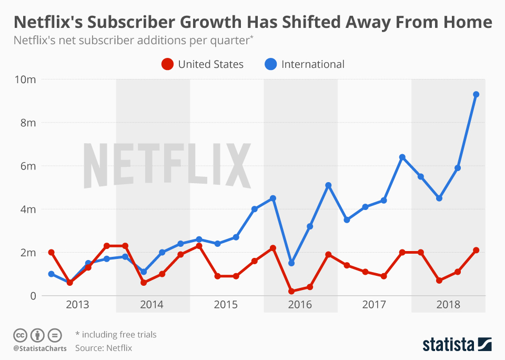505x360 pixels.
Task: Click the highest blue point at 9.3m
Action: point(476,95)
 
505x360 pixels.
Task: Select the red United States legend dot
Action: point(167,64)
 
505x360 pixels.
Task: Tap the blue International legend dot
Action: point(270,64)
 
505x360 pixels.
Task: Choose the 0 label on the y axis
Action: point(32,296)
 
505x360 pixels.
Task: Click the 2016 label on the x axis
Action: point(300,305)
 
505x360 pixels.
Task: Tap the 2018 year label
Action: point(448,305)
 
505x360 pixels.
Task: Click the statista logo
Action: point(457,344)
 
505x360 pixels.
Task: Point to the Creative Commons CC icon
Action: point(21,335)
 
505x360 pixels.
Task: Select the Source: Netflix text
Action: point(104,348)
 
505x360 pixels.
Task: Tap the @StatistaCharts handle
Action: point(40,348)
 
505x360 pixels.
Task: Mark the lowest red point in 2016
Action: point(291,291)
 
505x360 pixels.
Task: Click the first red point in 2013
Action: point(51,253)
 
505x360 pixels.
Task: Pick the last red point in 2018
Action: point(476,251)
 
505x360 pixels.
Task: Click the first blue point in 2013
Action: point(51,274)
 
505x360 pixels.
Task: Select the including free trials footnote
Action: point(116,335)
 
